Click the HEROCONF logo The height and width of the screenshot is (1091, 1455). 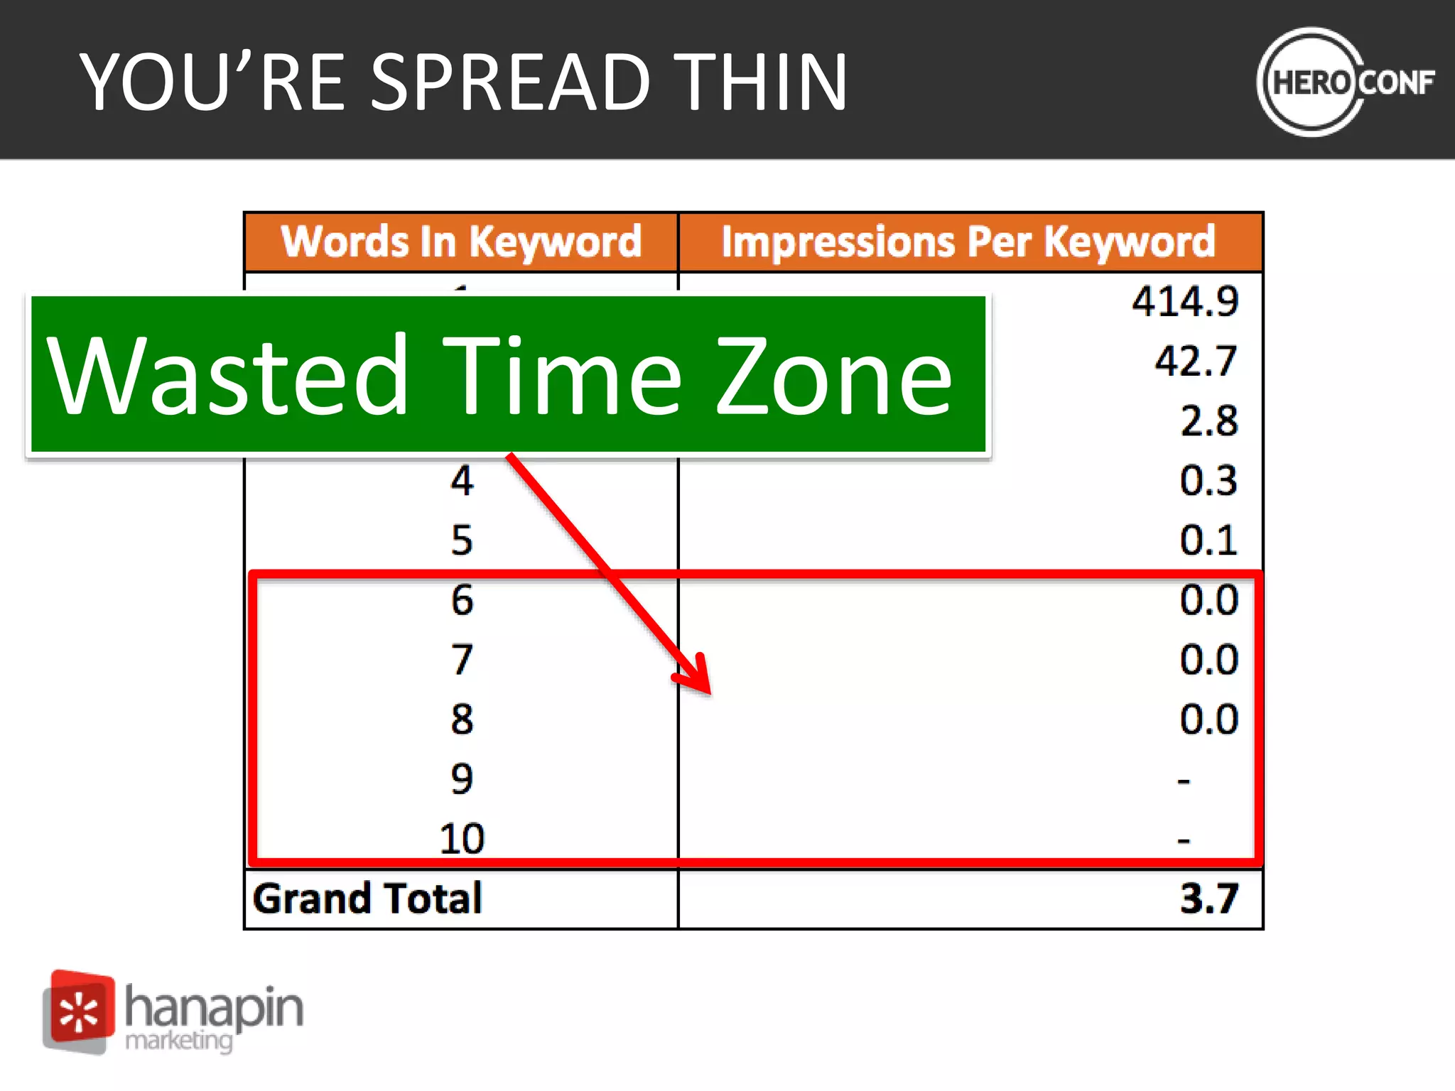point(1345,82)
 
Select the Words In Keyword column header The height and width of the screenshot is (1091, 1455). point(461,241)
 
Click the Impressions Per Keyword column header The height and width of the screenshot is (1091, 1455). point(968,241)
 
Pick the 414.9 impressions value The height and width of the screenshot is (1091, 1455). point(1185,301)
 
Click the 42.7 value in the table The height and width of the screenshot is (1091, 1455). point(1196,361)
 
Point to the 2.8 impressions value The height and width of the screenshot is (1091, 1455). point(1208,420)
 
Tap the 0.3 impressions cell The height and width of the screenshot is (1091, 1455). point(1208,480)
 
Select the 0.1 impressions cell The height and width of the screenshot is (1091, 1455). point(1208,540)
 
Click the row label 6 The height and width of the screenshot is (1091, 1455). point(462,599)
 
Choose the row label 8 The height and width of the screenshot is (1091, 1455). point(462,719)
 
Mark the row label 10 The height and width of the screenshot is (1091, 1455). point(462,838)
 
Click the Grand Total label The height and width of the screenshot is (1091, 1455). point(367,898)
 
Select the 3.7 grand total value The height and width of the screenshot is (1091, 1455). point(1208,898)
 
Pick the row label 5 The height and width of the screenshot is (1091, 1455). point(462,540)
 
